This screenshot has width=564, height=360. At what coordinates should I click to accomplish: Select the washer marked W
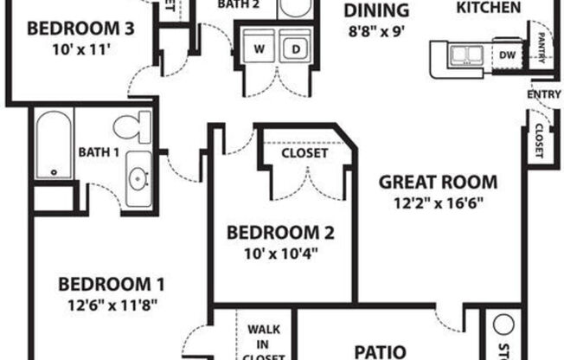pos(259,48)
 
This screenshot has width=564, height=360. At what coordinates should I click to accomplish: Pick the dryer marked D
pos(295,48)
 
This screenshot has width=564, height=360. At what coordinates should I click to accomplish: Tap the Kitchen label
pos(488,8)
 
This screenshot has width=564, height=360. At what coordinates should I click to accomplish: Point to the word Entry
pos(543,94)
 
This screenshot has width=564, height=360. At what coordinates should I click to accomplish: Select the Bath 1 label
pos(98,153)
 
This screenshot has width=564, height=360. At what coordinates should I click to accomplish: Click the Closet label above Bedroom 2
pos(304,153)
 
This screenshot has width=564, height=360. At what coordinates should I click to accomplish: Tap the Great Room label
pos(440,182)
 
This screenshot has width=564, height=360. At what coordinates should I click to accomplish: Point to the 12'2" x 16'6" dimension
pos(440,203)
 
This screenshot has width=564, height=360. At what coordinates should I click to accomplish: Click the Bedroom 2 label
pos(280,232)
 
